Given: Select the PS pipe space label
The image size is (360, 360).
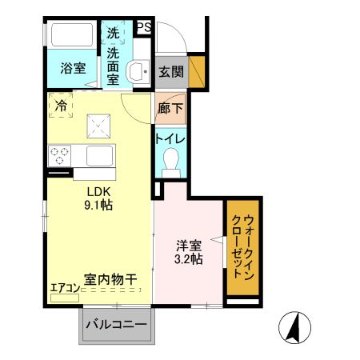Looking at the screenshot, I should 144,28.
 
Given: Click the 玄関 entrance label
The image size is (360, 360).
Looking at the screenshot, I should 170,70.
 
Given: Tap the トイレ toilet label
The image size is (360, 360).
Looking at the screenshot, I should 170,138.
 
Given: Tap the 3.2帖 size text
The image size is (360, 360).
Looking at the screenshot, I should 190,259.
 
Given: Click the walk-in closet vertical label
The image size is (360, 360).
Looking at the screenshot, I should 242,246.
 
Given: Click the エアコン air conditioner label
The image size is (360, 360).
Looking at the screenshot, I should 65,289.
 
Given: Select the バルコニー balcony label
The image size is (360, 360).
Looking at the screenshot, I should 116,326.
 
